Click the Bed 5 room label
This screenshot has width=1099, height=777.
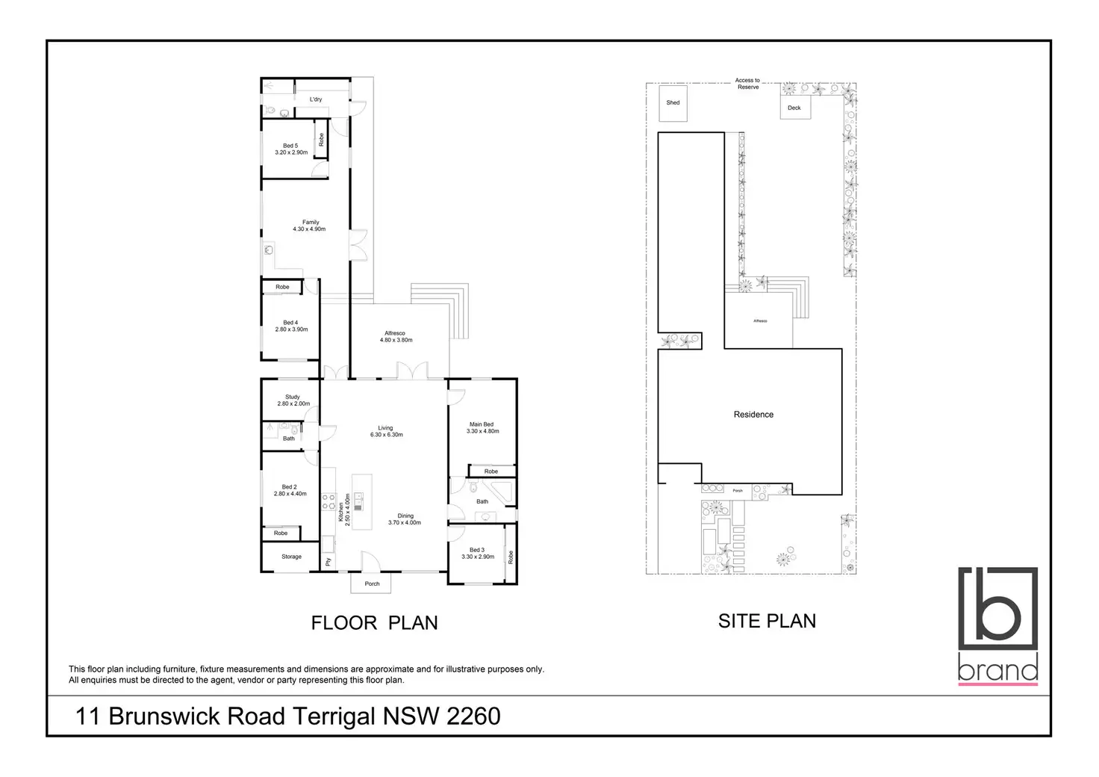[x=290, y=146]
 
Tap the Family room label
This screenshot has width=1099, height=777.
[x=311, y=222]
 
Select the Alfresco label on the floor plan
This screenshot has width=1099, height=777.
[x=395, y=333]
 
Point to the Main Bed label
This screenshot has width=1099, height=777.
[x=482, y=424]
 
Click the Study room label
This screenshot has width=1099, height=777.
[x=293, y=397]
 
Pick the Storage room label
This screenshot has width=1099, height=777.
[x=292, y=557]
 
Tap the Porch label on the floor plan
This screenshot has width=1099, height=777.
[x=372, y=583]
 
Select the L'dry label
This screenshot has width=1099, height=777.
[x=316, y=99]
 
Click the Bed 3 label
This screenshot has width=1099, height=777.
[x=477, y=550]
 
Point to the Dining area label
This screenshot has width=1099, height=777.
[x=405, y=516]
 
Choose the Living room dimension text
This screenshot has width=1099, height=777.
[x=386, y=435]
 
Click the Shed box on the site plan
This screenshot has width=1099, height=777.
[x=673, y=102]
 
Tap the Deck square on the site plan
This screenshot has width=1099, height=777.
[x=794, y=108]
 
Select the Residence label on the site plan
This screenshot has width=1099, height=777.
[x=753, y=415]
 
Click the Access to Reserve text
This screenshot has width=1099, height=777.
[x=747, y=84]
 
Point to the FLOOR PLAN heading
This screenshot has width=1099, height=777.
[x=374, y=623]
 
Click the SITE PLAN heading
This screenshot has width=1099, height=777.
[x=767, y=621]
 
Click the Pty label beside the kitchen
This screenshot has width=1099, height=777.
[x=328, y=561]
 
